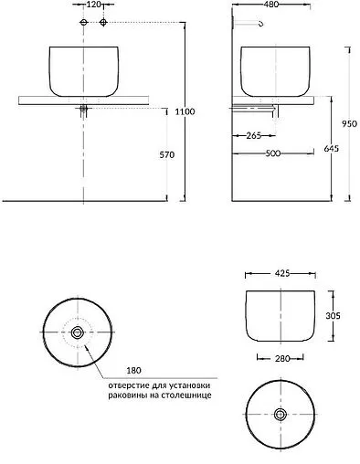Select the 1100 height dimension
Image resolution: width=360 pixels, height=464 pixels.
click(x=185, y=111)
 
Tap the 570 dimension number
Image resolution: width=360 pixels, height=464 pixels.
click(x=167, y=154)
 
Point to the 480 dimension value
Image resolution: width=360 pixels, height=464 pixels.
click(x=271, y=5)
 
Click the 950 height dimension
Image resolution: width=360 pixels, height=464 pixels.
click(x=349, y=124)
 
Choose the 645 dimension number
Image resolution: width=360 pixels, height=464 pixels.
click(x=331, y=149)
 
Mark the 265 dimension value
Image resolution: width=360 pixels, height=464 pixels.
click(x=254, y=135)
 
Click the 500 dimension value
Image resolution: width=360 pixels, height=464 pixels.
click(x=273, y=153)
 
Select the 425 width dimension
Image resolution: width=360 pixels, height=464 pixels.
click(x=282, y=274)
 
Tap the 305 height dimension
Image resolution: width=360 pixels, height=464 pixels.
click(x=333, y=316)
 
